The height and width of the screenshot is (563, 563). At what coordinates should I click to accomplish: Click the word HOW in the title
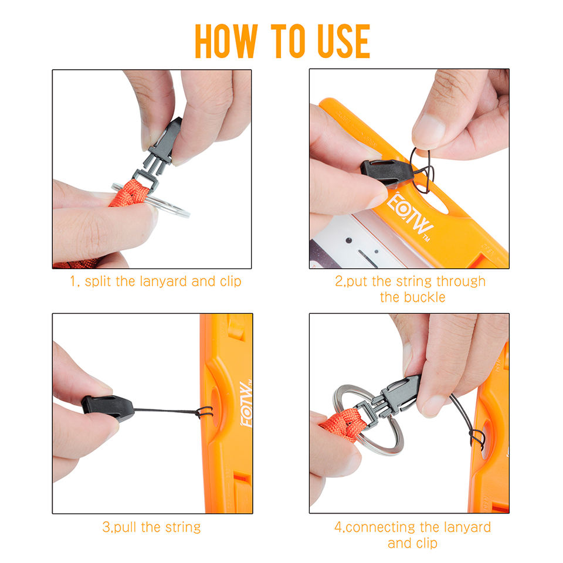click(x=226, y=41)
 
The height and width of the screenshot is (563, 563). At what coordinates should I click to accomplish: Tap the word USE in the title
click(x=344, y=41)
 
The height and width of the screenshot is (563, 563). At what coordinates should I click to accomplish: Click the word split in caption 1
click(x=98, y=282)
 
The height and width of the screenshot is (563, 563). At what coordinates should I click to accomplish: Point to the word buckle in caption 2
click(x=425, y=297)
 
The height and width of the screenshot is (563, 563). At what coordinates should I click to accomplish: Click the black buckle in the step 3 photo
click(x=108, y=408)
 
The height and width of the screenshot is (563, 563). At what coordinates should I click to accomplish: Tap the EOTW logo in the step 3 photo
click(x=247, y=404)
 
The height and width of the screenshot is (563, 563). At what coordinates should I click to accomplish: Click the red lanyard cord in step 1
click(x=129, y=194)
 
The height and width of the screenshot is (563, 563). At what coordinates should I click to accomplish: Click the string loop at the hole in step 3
click(x=204, y=412)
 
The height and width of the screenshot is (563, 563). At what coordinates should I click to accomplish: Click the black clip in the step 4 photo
click(x=395, y=397)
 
